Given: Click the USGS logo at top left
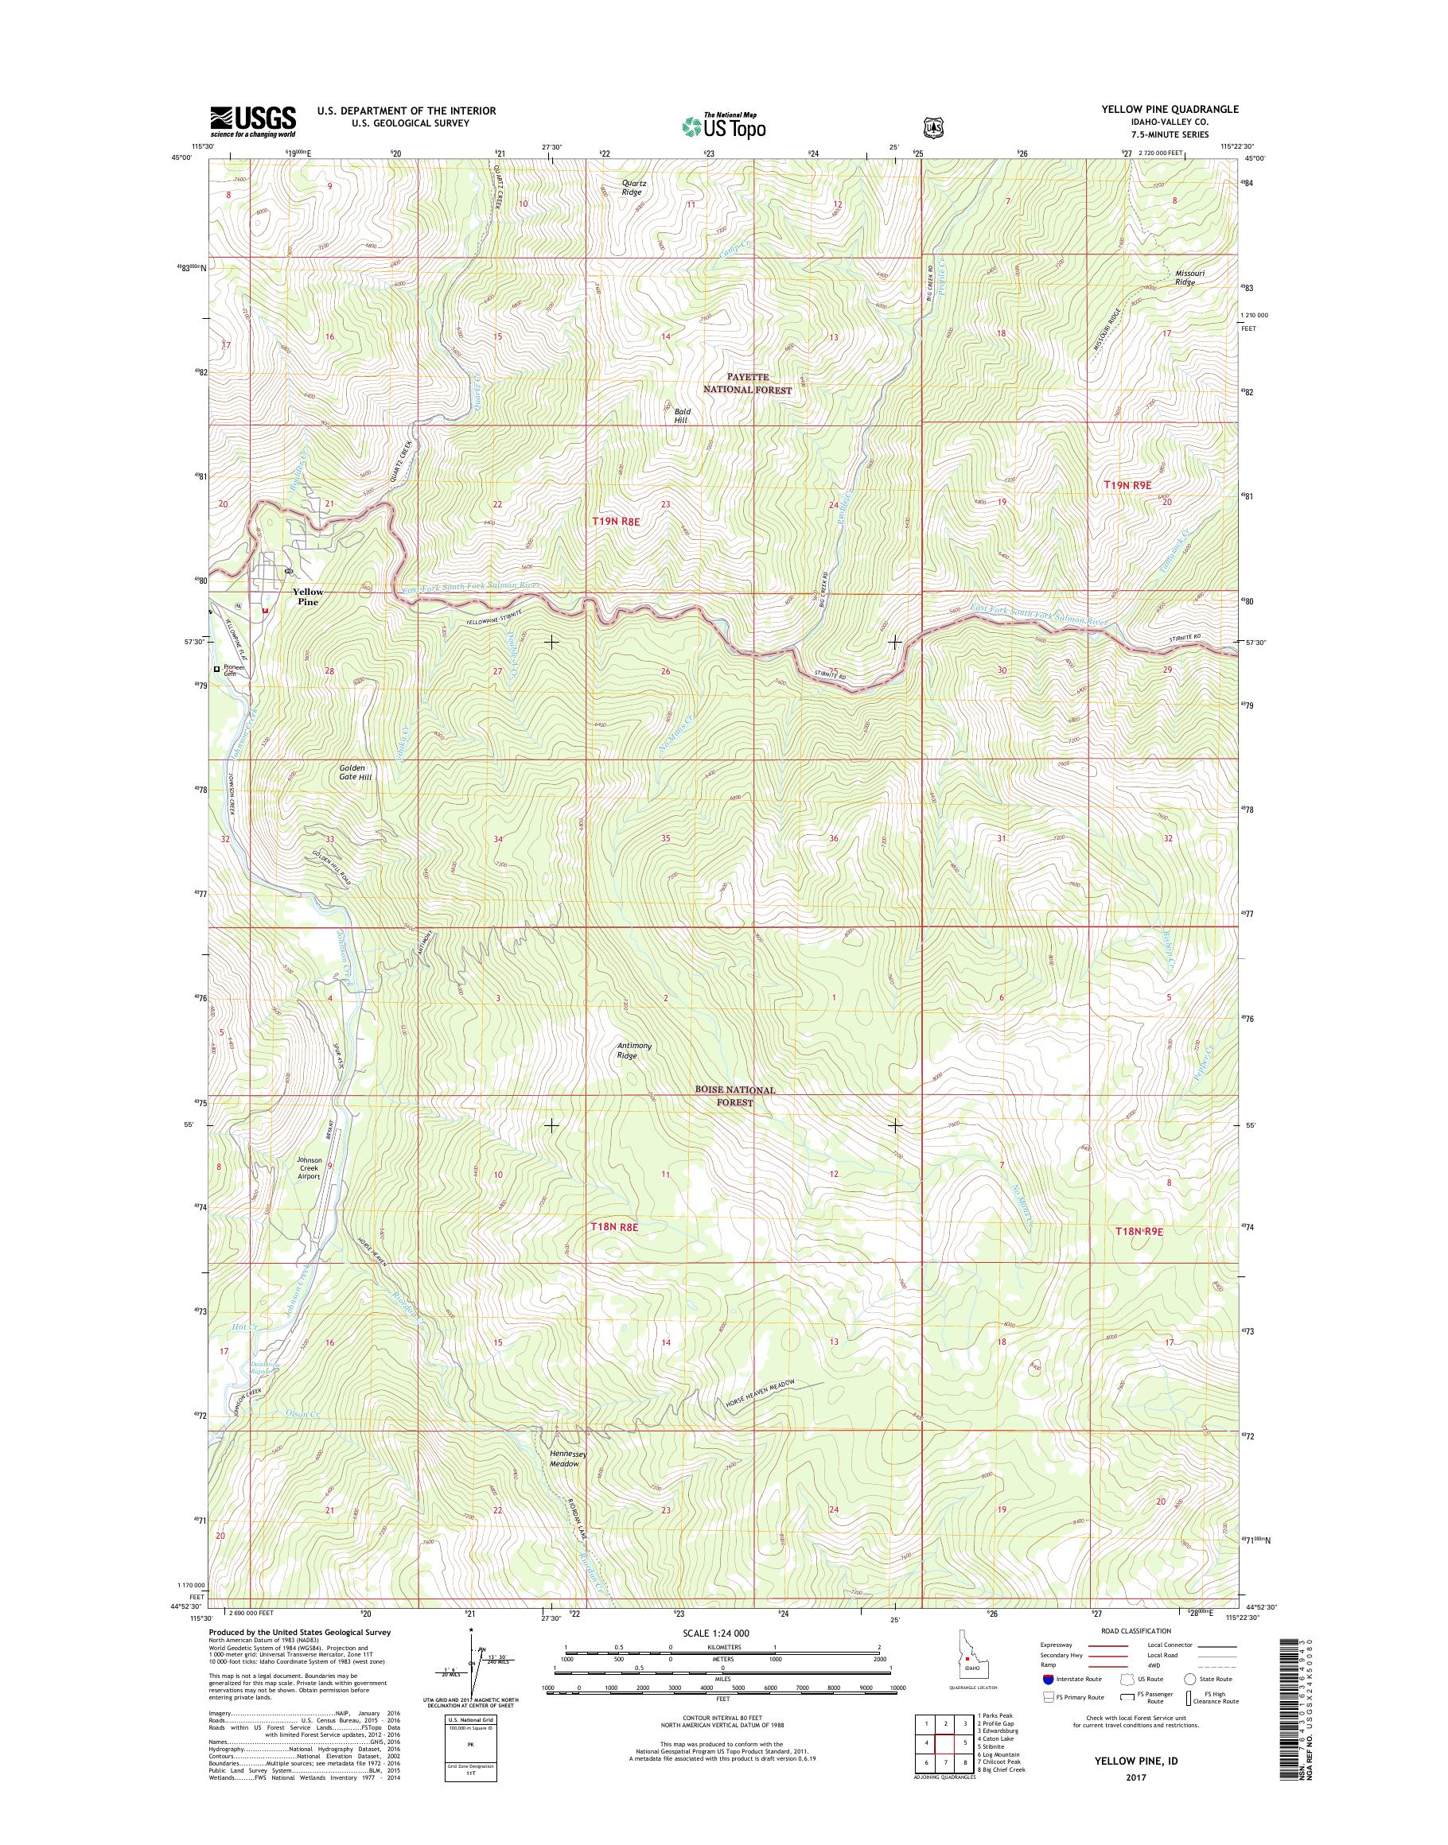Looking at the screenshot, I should click(x=253, y=121).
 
